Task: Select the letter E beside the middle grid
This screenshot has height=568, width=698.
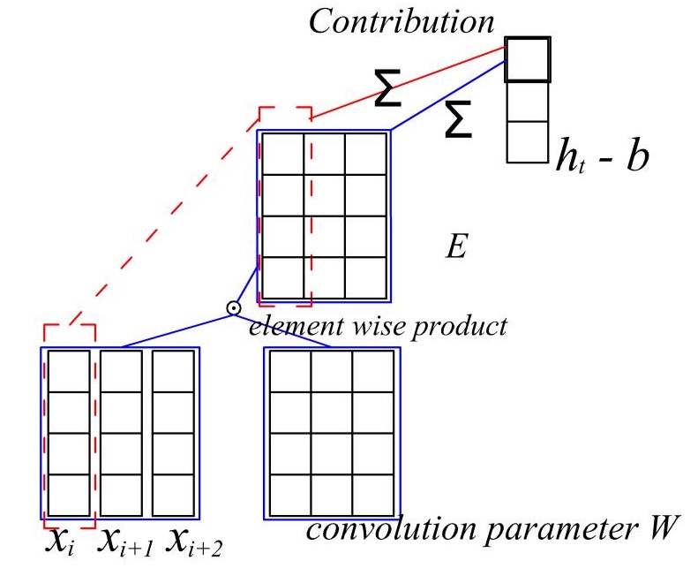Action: (455, 245)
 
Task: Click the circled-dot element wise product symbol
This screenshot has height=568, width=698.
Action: (233, 308)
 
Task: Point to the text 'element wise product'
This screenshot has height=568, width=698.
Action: (378, 326)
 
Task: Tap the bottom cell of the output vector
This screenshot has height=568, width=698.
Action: (528, 141)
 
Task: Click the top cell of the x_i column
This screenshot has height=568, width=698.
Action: (69, 371)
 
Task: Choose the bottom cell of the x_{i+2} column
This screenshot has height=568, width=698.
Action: (173, 496)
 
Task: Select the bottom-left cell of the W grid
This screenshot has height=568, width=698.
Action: (289, 496)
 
